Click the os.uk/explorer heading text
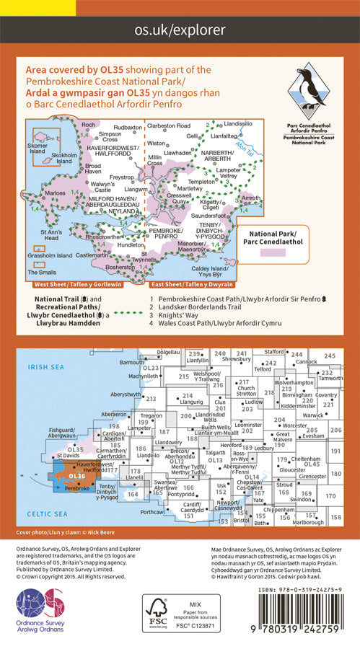click(x=180, y=30)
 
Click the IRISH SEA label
click(x=46, y=368)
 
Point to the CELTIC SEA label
click(x=46, y=513)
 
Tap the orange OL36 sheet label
click(x=77, y=476)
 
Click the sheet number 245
click(x=330, y=356)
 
